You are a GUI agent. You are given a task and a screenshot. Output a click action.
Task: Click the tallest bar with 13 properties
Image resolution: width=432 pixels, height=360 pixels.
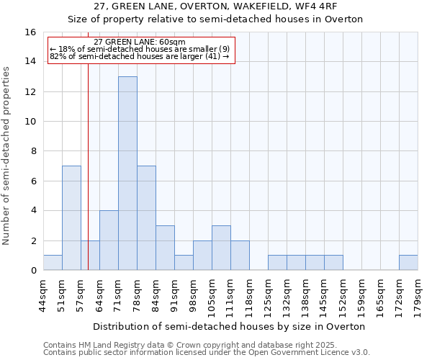pyautogui.click(x=127, y=173)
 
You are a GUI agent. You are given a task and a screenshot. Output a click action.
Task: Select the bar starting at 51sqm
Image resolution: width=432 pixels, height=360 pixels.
pyautogui.click(x=71, y=217)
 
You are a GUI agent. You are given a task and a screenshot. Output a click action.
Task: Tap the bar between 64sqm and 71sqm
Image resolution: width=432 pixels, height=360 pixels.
pyautogui.click(x=109, y=240)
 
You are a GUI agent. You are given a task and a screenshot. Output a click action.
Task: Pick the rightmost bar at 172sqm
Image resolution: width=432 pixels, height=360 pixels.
pyautogui.click(x=408, y=263)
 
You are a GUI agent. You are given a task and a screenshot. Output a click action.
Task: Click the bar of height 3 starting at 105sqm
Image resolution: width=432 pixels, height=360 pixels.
pyautogui.click(x=221, y=248)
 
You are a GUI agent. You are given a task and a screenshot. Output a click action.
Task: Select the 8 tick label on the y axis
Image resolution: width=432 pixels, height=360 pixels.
pyautogui.click(x=33, y=151)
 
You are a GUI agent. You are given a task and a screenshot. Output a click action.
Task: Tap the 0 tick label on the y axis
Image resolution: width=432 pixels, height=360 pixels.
pyautogui.click(x=33, y=271)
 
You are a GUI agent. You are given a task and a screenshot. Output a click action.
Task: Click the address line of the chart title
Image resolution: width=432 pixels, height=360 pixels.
pyautogui.click(x=215, y=6)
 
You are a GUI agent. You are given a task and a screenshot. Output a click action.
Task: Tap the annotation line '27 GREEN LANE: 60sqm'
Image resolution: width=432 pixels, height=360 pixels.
pyautogui.click(x=140, y=42)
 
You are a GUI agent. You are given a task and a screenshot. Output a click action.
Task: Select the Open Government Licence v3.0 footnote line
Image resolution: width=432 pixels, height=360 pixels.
pyautogui.click(x=207, y=353)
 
